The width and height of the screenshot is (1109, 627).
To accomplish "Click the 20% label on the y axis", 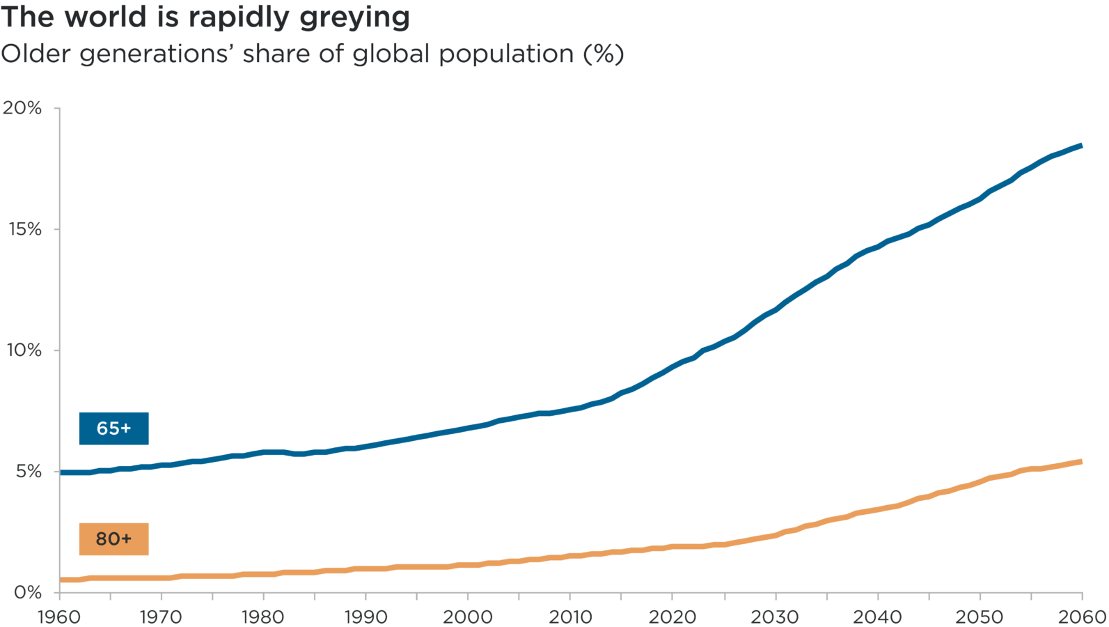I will (22, 108).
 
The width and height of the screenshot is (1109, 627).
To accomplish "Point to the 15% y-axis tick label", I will (25, 229).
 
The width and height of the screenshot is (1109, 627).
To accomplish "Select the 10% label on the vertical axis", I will (24, 350).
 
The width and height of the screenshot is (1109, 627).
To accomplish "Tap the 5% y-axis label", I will (29, 471).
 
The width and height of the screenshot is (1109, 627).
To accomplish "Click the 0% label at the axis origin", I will (28, 592).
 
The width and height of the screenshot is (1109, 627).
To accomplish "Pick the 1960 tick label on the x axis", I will (59, 617).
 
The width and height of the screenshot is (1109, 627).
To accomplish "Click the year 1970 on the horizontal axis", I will (161, 617).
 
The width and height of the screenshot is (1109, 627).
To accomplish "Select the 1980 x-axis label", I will (263, 617).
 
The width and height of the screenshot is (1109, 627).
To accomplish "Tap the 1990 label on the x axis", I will (365, 617).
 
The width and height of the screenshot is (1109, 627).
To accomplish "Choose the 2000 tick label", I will (468, 617).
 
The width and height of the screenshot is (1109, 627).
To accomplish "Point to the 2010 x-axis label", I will (570, 617).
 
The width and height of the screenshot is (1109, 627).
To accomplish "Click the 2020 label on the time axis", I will (673, 617).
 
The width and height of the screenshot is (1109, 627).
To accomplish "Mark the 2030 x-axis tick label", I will (775, 617).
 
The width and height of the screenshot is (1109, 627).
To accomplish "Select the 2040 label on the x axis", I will (877, 617).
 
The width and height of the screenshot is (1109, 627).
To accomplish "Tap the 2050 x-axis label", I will (980, 617).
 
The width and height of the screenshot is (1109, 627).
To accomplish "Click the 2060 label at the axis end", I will (1082, 617).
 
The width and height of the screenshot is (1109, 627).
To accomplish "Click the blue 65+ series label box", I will (113, 428).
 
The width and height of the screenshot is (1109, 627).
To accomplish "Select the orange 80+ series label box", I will (113, 539).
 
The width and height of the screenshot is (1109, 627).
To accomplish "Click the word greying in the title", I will (354, 18).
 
